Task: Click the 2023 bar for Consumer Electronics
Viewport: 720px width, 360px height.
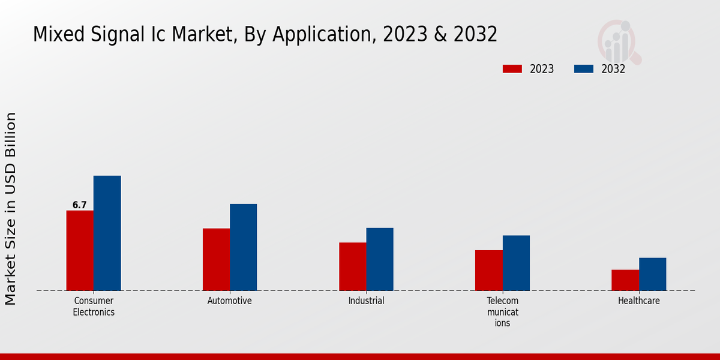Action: (80, 250)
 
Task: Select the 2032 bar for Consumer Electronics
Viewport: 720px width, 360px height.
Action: (107, 233)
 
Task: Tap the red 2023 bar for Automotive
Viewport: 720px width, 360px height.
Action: (216, 259)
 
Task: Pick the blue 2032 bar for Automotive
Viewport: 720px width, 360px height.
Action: (243, 247)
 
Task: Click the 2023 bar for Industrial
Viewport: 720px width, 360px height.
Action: (352, 266)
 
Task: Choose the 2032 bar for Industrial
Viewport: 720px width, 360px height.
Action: (380, 259)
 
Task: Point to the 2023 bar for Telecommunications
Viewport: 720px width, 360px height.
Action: (488, 270)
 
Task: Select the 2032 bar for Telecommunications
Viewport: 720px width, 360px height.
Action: (516, 263)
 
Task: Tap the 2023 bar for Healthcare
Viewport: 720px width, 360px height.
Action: (625, 280)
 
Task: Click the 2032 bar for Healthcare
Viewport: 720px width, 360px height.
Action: (652, 274)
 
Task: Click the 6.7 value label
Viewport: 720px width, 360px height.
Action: (80, 205)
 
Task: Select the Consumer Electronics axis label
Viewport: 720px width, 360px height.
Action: (94, 306)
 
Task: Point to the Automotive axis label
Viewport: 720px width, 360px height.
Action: (230, 301)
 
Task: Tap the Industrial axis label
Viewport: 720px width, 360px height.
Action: (366, 301)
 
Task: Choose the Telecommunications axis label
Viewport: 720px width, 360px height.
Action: (503, 311)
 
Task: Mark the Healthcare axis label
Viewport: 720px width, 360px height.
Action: (639, 301)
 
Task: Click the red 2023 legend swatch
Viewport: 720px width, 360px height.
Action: (512, 69)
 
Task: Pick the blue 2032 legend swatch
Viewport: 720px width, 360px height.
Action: (584, 69)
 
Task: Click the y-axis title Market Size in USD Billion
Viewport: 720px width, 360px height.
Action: (11, 208)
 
